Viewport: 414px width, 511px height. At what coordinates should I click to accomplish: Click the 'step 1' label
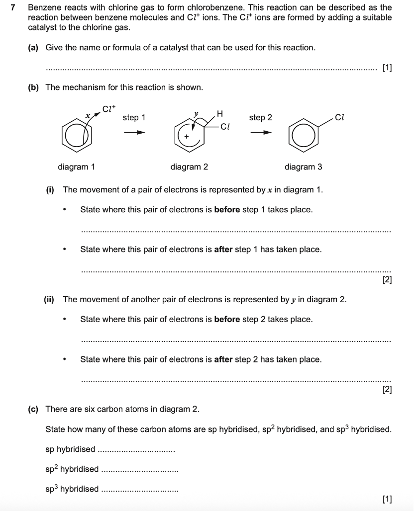pos(134,118)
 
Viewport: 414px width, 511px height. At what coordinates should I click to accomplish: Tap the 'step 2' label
pos(261,118)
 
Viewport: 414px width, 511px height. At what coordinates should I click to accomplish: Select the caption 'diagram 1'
pos(76,167)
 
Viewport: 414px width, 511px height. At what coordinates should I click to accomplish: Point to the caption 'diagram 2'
pos(189,167)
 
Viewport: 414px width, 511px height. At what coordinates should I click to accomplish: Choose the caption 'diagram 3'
pos(303,167)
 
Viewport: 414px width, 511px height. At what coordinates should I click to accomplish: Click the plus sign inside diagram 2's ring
pos(187,136)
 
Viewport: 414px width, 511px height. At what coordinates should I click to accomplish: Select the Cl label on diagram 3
pos(340,118)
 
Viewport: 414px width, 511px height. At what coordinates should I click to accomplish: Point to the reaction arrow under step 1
pos(134,133)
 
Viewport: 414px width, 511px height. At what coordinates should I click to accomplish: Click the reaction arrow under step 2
pos(261,133)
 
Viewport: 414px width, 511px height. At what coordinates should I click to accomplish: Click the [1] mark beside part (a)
pos(387,68)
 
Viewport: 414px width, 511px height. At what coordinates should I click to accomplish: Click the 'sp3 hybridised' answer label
pos(72,489)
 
